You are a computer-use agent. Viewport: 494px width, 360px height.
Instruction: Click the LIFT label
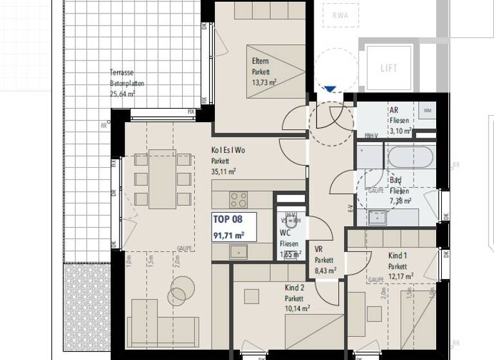[389, 67]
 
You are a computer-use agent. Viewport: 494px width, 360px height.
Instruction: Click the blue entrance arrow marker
[330, 90]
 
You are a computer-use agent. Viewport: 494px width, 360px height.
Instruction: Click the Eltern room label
[261, 62]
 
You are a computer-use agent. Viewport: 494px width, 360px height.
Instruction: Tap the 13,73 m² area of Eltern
[264, 82]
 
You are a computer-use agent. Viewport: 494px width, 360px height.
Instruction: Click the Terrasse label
[122, 73]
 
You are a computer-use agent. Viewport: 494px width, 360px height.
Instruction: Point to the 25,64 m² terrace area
[122, 93]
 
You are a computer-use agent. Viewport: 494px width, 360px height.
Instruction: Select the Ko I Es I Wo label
[228, 150]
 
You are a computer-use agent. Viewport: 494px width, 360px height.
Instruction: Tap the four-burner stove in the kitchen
[239, 199]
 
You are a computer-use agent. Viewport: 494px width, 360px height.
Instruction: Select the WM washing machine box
[428, 111]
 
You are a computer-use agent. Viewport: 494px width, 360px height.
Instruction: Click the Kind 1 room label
[398, 255]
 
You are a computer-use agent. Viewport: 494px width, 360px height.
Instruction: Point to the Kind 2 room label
[294, 288]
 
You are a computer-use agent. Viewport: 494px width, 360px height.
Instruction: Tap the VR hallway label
[318, 249]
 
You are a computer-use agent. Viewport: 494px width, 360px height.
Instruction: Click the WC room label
[285, 233]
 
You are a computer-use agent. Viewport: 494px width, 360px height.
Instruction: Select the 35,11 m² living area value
[223, 172]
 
